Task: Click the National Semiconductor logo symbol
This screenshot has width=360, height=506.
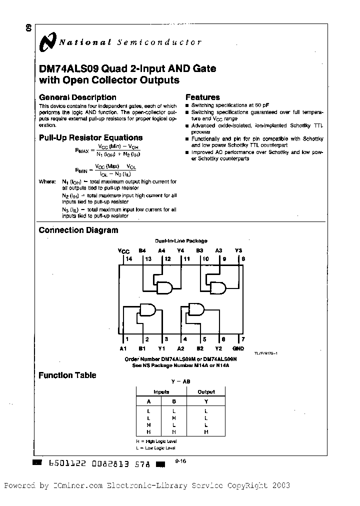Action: [x=48, y=43]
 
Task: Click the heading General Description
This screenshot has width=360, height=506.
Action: [x=77, y=97]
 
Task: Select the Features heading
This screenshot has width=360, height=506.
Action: [x=202, y=97]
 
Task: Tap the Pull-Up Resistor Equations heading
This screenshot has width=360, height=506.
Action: [x=90, y=137]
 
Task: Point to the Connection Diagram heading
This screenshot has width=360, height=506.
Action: [x=78, y=230]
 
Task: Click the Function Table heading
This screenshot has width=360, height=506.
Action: [x=67, y=375]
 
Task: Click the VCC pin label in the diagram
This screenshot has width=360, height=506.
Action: [x=123, y=251]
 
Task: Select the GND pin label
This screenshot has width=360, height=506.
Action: [x=238, y=348]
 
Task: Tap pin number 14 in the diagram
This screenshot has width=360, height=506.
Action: [x=129, y=259]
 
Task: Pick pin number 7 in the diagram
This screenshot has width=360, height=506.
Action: [x=242, y=339]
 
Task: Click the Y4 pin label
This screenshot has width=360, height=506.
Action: [x=180, y=251]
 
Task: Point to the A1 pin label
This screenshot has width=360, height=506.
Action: [x=123, y=348]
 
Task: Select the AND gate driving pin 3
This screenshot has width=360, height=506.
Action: [x=148, y=311]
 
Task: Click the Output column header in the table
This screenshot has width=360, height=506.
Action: [x=206, y=392]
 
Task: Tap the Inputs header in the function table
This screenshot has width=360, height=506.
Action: [x=161, y=392]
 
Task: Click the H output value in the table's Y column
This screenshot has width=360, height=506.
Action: [x=206, y=431]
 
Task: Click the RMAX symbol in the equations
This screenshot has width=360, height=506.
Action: [x=82, y=149]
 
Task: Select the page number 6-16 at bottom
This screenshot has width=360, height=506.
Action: [x=180, y=462]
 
